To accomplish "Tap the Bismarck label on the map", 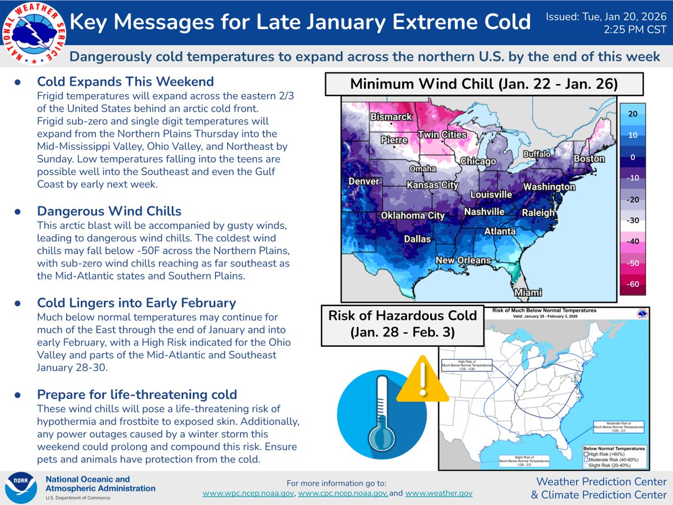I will pyautogui.click(x=391, y=117).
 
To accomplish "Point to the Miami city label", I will pyautogui.click(x=528, y=293).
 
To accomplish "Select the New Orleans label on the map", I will pyautogui.click(x=464, y=260).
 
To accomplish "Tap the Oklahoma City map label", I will pyautogui.click(x=413, y=215).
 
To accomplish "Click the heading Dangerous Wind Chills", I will pyautogui.click(x=109, y=211).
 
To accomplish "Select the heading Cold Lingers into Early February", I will pyautogui.click(x=136, y=303).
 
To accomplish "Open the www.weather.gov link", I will pyautogui.click(x=439, y=493).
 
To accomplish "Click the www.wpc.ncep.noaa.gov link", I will pyautogui.click(x=248, y=493).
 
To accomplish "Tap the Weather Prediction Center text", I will pyautogui.click(x=601, y=481).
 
